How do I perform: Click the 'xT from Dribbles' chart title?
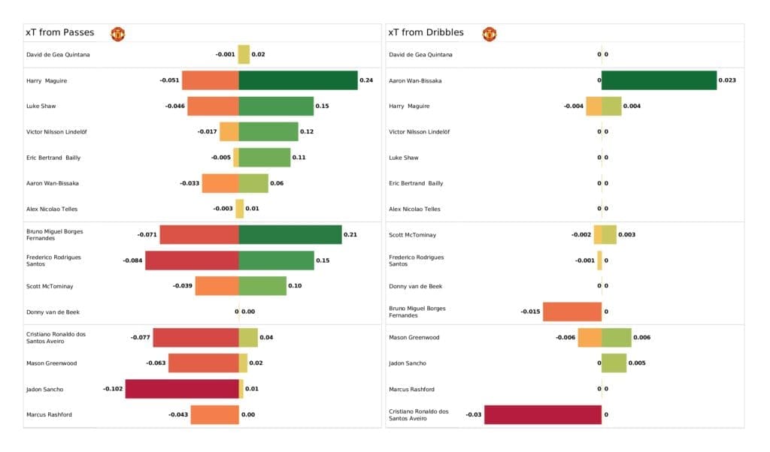click(x=426, y=33)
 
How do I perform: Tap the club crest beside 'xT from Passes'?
click(x=118, y=34)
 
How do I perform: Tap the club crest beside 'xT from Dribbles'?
click(x=490, y=34)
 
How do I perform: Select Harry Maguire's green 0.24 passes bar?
click(x=298, y=80)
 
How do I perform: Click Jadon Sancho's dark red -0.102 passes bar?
click(x=182, y=389)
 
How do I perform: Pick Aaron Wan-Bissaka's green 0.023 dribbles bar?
click(x=659, y=80)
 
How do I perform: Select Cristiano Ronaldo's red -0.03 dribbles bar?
click(x=543, y=414)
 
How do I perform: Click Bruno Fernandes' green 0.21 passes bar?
click(x=290, y=235)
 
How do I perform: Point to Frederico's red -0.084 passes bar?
click(x=192, y=261)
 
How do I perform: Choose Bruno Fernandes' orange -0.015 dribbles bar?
click(x=572, y=312)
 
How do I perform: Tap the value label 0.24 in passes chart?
click(x=366, y=80)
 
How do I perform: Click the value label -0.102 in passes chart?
click(x=113, y=389)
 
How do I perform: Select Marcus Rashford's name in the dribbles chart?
click(x=411, y=389)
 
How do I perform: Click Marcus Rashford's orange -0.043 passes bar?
click(x=214, y=414)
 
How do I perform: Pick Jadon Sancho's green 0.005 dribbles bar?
click(x=614, y=363)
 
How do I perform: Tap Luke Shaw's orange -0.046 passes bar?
click(x=213, y=106)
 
